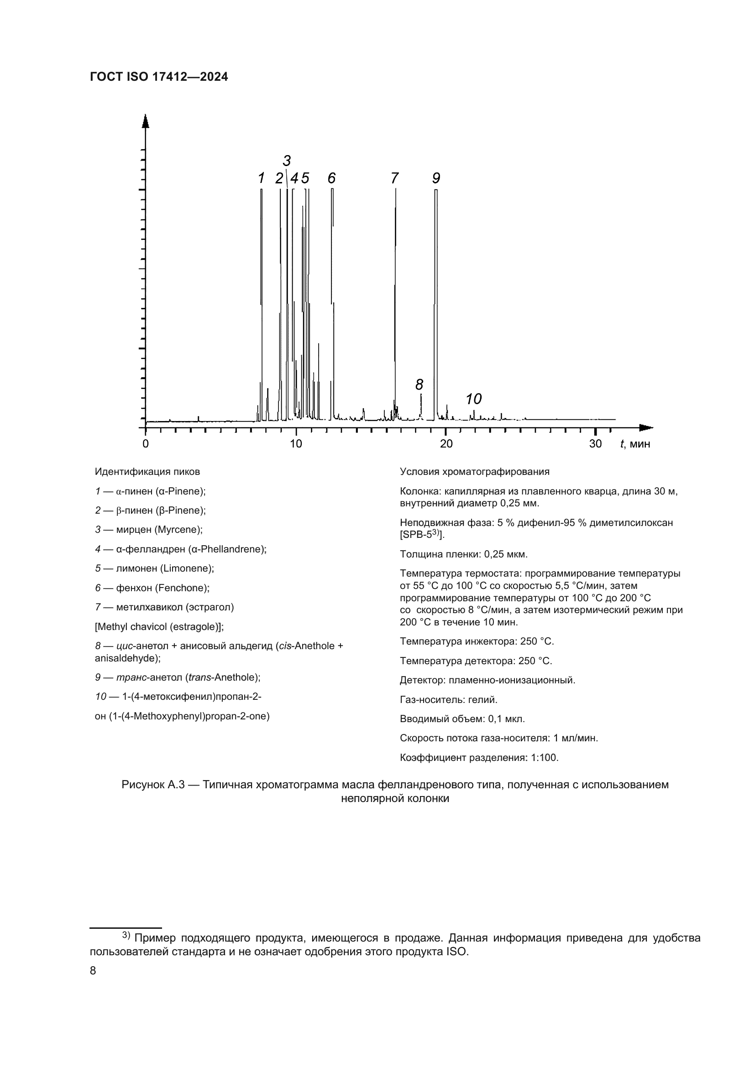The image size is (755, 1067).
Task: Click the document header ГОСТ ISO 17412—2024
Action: click(159, 77)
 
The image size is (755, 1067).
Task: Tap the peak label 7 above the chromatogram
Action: click(394, 178)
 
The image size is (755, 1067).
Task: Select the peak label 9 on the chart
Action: click(435, 178)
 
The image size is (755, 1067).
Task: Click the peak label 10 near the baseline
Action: click(473, 399)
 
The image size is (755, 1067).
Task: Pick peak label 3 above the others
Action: click(286, 161)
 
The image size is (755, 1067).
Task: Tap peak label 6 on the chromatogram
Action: click(331, 178)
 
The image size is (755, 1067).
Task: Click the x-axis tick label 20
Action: click(446, 444)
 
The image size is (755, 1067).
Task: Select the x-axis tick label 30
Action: click(595, 444)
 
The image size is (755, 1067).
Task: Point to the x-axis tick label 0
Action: click(146, 444)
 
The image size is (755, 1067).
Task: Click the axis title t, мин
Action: click(635, 444)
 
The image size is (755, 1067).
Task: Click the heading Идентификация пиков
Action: click(147, 472)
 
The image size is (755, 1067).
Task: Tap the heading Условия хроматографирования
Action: click(474, 472)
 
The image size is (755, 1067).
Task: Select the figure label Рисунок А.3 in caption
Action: click(153, 785)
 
